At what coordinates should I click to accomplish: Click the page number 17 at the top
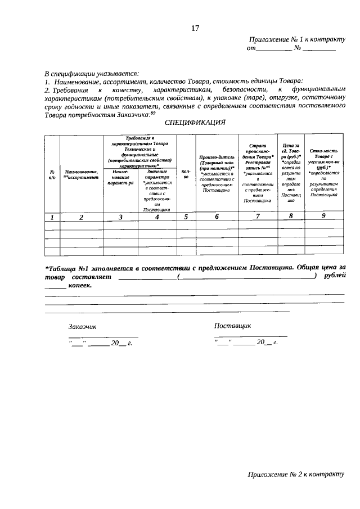coord(195,29)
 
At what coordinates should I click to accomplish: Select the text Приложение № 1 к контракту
coord(296,40)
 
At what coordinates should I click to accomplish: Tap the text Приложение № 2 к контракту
coord(296,474)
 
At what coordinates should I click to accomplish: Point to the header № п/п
coord(52,174)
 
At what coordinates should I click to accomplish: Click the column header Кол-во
coord(185,174)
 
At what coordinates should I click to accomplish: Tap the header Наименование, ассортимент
coord(82,174)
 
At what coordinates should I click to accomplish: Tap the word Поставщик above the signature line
coord(232,326)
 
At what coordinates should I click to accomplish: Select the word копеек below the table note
coord(80,286)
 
